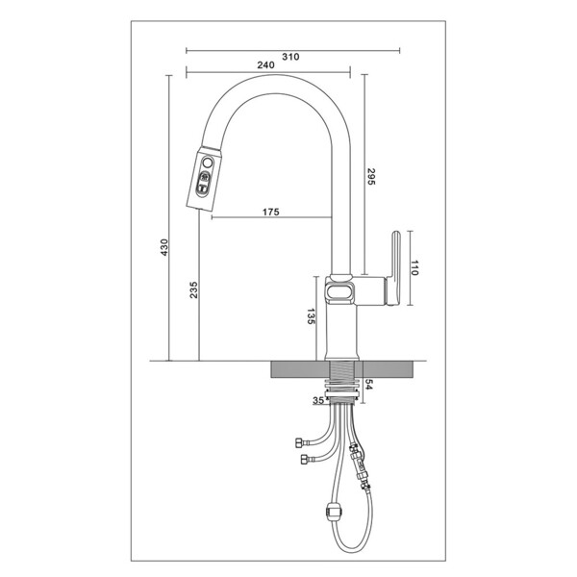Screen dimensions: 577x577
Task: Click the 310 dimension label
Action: click(x=291, y=57)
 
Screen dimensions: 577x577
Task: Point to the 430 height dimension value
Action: click(x=164, y=247)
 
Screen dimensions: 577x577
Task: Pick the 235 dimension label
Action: click(x=194, y=289)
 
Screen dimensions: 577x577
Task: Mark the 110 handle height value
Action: click(x=415, y=270)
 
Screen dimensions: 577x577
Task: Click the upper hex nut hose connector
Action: click(x=298, y=441)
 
